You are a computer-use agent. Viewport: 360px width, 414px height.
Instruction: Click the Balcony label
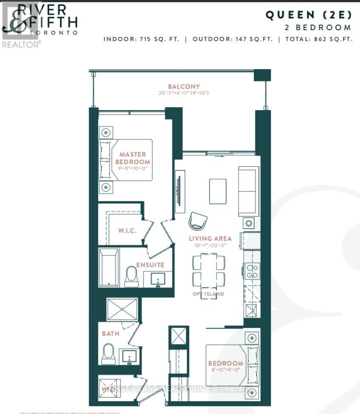coord(183,87)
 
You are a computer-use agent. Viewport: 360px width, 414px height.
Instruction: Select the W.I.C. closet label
coord(127,231)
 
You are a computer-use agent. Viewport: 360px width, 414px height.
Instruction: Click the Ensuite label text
coord(150,265)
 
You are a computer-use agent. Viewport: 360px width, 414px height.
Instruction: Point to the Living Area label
coord(210,238)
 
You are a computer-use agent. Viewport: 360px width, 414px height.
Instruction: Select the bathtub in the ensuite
coord(109,267)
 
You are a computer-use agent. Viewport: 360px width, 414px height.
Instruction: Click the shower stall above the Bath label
coord(122,309)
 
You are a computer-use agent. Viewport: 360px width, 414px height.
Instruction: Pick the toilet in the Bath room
coord(109,354)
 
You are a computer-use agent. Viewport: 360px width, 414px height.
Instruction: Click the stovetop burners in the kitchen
coord(252,271)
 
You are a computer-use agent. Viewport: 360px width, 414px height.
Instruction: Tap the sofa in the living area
coord(249,191)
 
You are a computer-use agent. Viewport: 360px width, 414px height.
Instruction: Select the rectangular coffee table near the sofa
coord(217,191)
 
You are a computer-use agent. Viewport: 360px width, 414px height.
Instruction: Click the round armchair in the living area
coord(198,221)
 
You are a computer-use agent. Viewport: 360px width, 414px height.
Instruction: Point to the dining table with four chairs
coord(208,270)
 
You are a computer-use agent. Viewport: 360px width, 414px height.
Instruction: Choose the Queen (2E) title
coord(309,15)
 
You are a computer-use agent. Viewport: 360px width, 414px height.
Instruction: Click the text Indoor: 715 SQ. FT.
coord(144,39)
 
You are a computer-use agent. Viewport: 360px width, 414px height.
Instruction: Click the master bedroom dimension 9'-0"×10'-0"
coord(132,168)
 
